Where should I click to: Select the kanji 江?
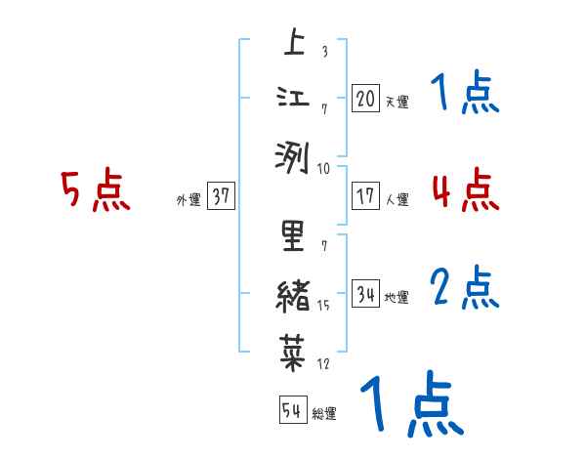coord(292,100)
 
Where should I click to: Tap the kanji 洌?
coord(292,154)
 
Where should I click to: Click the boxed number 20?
coord(365,99)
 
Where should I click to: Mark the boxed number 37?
coord(220,196)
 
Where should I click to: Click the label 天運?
coord(398,102)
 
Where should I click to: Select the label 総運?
coord(324,413)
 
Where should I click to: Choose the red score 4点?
coord(465,188)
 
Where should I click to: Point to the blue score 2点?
coord(465,286)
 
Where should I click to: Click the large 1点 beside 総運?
coord(410,403)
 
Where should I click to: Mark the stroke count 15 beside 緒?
coord(324,307)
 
